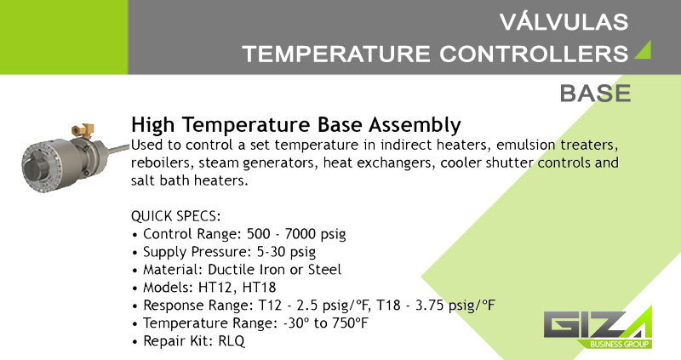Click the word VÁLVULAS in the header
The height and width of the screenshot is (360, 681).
(564, 21)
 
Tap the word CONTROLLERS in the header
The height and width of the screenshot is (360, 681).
(534, 54)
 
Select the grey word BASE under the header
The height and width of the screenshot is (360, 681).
(595, 94)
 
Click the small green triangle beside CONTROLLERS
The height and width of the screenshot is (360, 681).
(644, 50)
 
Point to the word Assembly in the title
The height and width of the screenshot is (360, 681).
(415, 125)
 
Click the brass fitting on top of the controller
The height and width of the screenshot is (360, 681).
(83, 130)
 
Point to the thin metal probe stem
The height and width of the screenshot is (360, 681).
(117, 149)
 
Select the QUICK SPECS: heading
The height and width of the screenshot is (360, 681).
(176, 216)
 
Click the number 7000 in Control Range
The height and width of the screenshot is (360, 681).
(300, 234)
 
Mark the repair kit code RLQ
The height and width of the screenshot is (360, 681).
(232, 341)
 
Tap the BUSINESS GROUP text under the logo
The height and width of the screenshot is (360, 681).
(620, 345)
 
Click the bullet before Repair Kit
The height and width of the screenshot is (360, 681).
(134, 342)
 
